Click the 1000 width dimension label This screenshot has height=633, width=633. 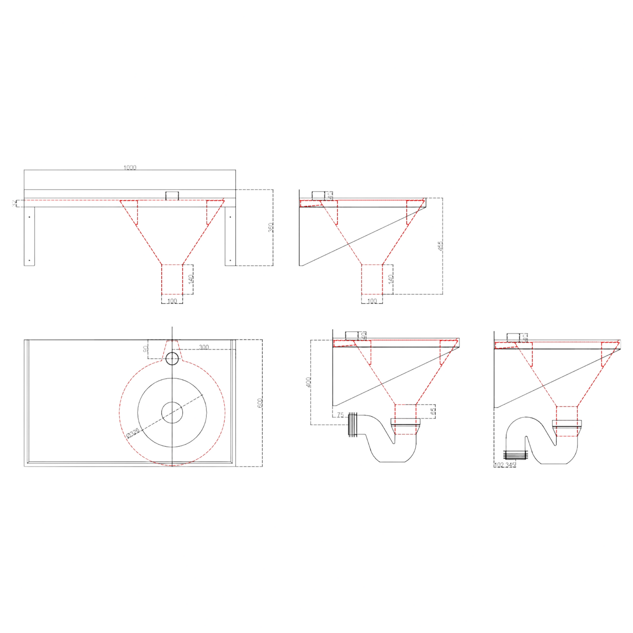click(x=130, y=167)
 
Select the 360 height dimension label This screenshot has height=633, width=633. click(x=270, y=227)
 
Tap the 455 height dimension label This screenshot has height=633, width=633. click(x=440, y=246)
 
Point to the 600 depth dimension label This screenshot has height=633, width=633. click(x=260, y=403)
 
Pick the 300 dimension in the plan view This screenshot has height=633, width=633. click(x=204, y=347)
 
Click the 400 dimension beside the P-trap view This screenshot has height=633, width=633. click(x=308, y=382)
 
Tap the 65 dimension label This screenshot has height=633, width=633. click(x=433, y=411)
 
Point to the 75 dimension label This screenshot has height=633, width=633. click(x=340, y=414)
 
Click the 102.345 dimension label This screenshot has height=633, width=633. click(x=505, y=465)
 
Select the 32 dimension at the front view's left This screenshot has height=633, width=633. click(x=14, y=203)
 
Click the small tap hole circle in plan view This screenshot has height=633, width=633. click(x=172, y=358)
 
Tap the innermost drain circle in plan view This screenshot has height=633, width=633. click(x=172, y=412)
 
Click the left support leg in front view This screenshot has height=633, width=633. click(x=29, y=236)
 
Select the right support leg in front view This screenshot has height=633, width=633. click(x=230, y=236)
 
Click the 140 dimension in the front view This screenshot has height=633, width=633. click(x=191, y=279)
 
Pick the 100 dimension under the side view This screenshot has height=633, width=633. click(x=371, y=301)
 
